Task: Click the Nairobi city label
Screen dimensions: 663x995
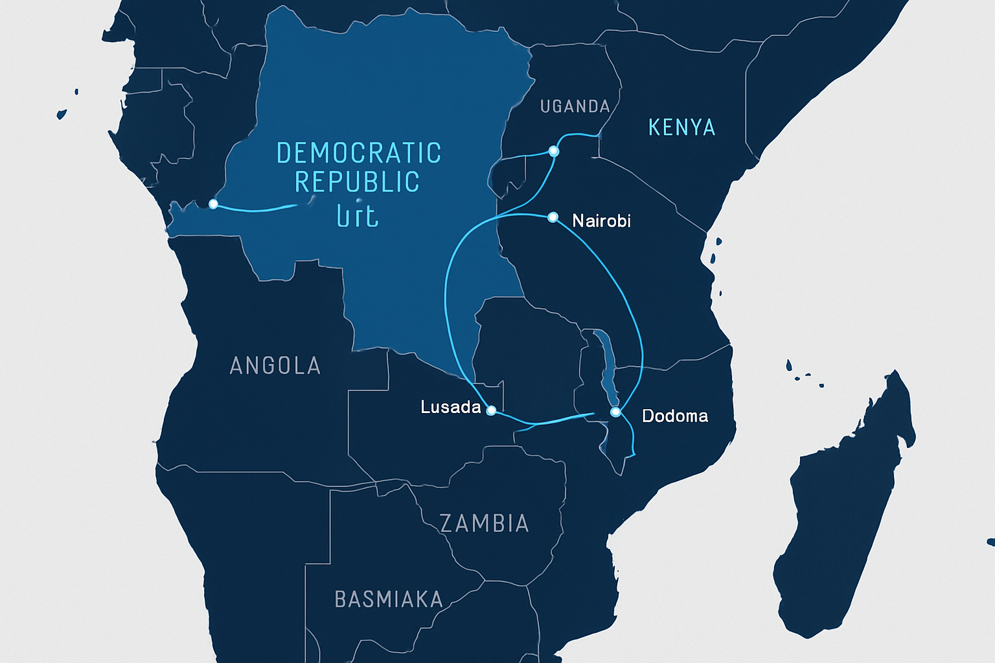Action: (x=601, y=221)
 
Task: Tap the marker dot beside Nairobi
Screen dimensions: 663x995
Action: (x=553, y=217)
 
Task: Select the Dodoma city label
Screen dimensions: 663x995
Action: (x=674, y=416)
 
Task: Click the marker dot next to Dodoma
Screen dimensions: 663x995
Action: (x=615, y=412)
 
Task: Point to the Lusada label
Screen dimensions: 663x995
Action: (x=450, y=407)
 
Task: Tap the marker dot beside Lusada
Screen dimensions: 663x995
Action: (x=491, y=410)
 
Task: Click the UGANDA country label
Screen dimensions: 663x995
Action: (x=575, y=107)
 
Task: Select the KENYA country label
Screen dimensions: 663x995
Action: (x=681, y=128)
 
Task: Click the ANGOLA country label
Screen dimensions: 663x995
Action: (x=275, y=366)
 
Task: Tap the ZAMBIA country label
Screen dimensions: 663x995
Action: (x=485, y=523)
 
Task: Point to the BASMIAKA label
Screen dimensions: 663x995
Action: (x=388, y=600)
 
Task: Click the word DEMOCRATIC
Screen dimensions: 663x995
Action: (x=359, y=153)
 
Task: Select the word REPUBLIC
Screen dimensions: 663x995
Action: (x=357, y=183)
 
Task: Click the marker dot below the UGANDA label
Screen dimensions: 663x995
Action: (x=553, y=151)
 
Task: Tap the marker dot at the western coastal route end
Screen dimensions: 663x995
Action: (x=213, y=204)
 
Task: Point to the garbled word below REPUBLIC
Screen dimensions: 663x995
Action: (x=358, y=216)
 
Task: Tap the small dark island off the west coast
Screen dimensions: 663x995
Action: (x=62, y=115)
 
